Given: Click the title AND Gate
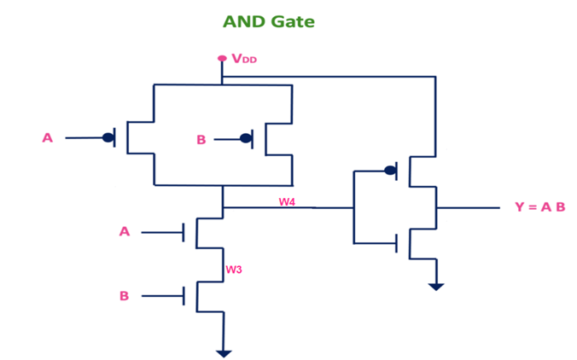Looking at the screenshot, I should coord(269,21).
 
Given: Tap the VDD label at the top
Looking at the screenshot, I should coord(244,59).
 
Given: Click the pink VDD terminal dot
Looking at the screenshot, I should coord(222,59).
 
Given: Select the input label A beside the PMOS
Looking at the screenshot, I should coord(47,137).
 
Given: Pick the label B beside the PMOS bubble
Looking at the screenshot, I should coord(201,139).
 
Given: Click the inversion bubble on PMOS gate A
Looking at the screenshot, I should coord(108,137).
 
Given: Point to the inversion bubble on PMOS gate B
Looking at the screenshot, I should coord(246,138).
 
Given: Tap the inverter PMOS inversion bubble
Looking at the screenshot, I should coord(390,171).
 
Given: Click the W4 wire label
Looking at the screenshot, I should coord(287,201).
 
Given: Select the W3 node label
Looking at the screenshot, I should coord(234,270).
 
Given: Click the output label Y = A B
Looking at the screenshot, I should coord(539,207).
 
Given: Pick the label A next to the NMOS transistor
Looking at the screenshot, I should coord(124,231).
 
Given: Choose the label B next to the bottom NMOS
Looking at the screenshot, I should coord(124,296).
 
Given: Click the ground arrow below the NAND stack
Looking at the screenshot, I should coord(224,351).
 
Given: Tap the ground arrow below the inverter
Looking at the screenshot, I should coord(436,286).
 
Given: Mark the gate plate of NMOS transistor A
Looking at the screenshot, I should coord(184,231).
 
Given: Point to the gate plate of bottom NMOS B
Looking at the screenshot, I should coord(184,296).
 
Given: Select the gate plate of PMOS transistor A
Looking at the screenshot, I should coord(115,137).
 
